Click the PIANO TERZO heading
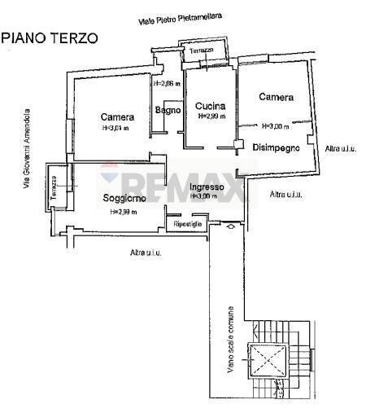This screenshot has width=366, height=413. pyautogui.click(x=50, y=37)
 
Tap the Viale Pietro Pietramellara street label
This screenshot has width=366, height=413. pyautogui.click(x=181, y=19)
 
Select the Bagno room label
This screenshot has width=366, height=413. pyautogui.click(x=168, y=110)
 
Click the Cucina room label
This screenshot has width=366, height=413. pyautogui.click(x=210, y=106)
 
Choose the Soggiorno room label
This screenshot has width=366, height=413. pyautogui.click(x=124, y=198)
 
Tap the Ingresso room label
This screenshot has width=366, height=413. pyautogui.click(x=205, y=187)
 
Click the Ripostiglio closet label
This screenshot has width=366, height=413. pyautogui.click(x=187, y=223)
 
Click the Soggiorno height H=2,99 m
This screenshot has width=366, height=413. pyautogui.click(x=123, y=212)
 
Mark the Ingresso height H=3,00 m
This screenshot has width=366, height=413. pyautogui.click(x=204, y=196)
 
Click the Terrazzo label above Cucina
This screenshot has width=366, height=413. pyautogui.click(x=201, y=52)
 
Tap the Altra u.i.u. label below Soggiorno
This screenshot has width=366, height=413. pyautogui.click(x=146, y=253)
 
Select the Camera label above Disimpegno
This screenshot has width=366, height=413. pyautogui.click(x=276, y=97)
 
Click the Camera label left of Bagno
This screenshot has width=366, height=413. pyautogui.click(x=117, y=116)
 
